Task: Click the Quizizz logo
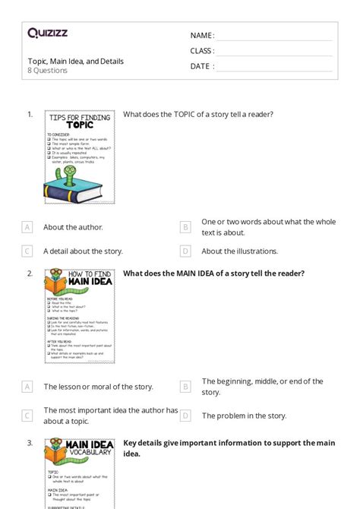[x=47, y=33]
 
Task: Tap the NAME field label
[x=202, y=36]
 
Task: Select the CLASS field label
[x=202, y=51]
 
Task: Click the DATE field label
[x=202, y=66]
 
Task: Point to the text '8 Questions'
[x=48, y=71]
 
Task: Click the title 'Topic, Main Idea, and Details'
[x=75, y=61]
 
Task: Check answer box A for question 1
[x=27, y=227]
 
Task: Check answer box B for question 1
[x=185, y=227]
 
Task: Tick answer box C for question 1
[x=27, y=251]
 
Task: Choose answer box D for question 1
[x=185, y=251]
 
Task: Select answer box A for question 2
[x=27, y=387]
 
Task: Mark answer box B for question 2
[x=185, y=387]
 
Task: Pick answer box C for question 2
[x=27, y=416]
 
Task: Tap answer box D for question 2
[x=185, y=416]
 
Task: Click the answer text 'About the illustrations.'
[x=239, y=251]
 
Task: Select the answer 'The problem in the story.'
[x=244, y=416]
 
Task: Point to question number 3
[x=30, y=443]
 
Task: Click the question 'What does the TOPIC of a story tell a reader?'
[x=198, y=115]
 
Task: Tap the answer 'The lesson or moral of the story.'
[x=98, y=387]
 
